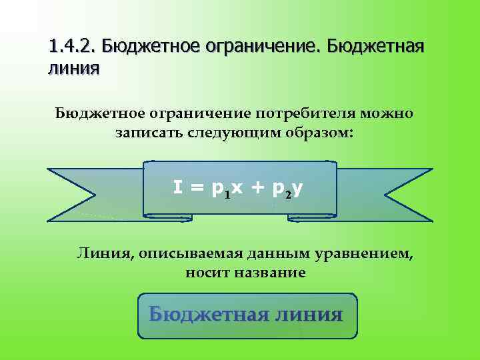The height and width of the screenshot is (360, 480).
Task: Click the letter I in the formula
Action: click(178, 188)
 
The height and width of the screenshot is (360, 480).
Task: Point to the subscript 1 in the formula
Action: click(227, 195)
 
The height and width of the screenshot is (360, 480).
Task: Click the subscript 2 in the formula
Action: click(287, 195)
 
